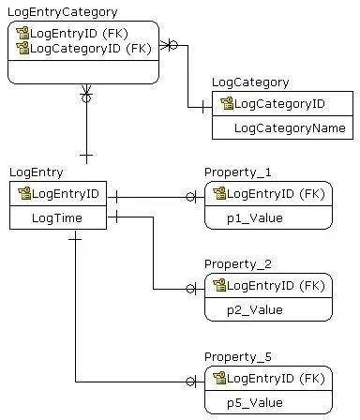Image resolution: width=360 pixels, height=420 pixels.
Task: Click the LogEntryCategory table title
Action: (63, 12)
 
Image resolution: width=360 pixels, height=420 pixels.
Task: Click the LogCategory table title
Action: (250, 83)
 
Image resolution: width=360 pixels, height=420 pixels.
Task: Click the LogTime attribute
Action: (56, 218)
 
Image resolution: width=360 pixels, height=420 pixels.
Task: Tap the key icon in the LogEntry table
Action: (23, 194)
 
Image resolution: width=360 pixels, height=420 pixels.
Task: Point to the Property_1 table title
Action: (238, 172)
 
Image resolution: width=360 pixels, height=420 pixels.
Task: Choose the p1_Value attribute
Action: (254, 217)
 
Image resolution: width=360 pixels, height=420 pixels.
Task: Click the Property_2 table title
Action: (238, 263)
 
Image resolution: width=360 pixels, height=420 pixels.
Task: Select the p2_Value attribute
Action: (254, 309)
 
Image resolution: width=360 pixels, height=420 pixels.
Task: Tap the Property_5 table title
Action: (238, 357)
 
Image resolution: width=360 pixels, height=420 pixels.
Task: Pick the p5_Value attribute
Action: (254, 403)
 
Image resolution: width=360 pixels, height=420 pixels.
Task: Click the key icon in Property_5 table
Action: (219, 379)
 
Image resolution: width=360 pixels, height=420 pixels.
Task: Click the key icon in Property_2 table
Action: (219, 285)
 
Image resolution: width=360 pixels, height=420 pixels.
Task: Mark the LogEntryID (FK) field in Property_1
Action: (276, 194)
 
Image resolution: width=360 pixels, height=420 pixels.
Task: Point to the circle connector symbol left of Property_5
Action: (191, 382)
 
